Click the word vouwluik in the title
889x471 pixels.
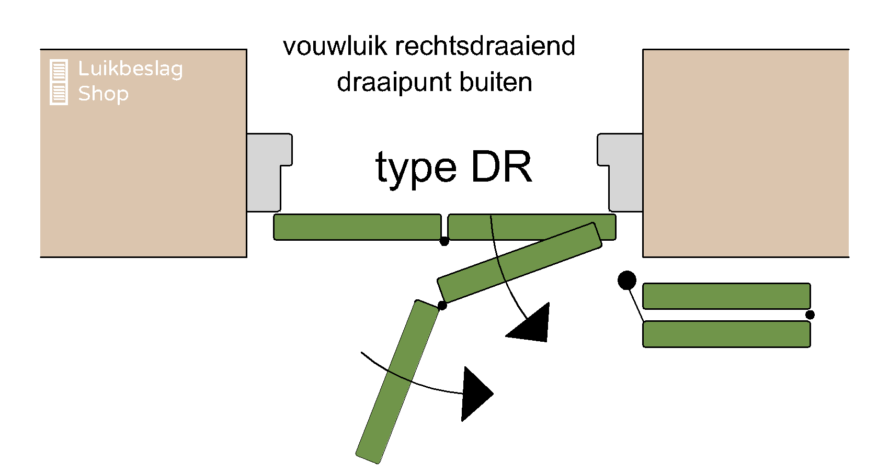tap(335, 46)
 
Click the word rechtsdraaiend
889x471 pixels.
tap(485, 46)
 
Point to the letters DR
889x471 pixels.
tap(502, 167)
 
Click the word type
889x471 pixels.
tap(416, 169)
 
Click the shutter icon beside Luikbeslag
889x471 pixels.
tap(59, 82)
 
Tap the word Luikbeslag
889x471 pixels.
tap(130, 69)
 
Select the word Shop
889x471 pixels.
tap(103, 94)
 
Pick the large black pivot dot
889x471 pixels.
tap(626, 281)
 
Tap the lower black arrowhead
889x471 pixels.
tap(474, 394)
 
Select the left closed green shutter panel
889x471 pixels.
tap(357, 227)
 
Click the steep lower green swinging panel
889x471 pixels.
tap(397, 382)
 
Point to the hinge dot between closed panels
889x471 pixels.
tap(444, 241)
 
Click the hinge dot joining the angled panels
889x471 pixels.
tap(442, 306)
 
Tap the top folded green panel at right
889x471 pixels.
tap(726, 296)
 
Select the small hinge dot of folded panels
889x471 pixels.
tap(810, 315)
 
